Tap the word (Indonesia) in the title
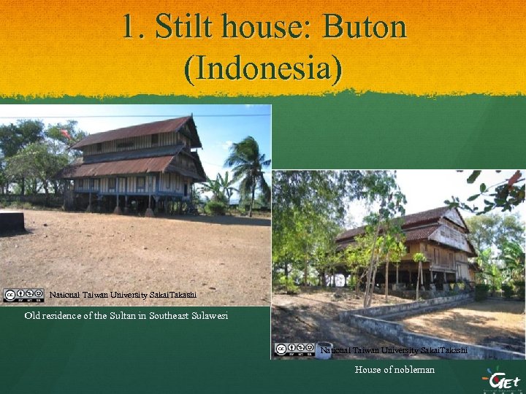click(263, 69)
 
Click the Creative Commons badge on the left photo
click(23, 295)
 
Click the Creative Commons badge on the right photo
click(294, 350)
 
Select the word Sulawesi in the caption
click(207, 316)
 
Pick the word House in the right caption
click(367, 370)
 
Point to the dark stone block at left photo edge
click(12, 222)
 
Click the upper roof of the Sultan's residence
click(135, 131)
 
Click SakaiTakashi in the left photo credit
click(173, 295)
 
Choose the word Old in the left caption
click(32, 316)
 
